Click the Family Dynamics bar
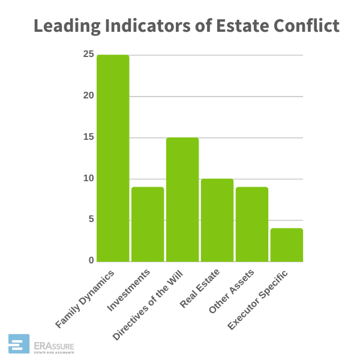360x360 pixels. pos(113,158)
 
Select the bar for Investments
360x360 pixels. pos(148,224)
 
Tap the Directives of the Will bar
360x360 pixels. pos(182,199)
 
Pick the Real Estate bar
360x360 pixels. pos(217,220)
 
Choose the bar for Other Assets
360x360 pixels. pos(252,224)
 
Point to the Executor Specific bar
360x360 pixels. pos(287,244)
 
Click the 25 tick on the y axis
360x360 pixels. pos(89,55)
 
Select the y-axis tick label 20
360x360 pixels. pos(89,96)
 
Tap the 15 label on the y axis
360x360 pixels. pos(89,137)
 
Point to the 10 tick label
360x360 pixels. pos(89,178)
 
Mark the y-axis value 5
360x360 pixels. pos(91,220)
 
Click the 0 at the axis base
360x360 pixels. pos(91,260)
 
